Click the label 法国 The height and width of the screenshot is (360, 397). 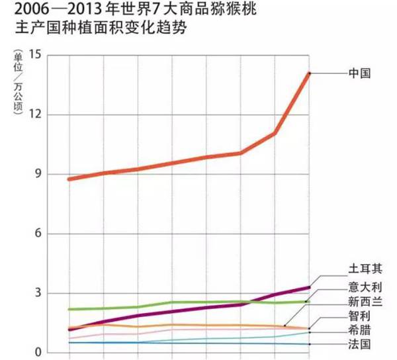359,345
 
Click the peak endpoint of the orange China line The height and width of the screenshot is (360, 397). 309,73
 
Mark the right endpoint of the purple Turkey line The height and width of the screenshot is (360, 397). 309,287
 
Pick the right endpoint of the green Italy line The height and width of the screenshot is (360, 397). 306,302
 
